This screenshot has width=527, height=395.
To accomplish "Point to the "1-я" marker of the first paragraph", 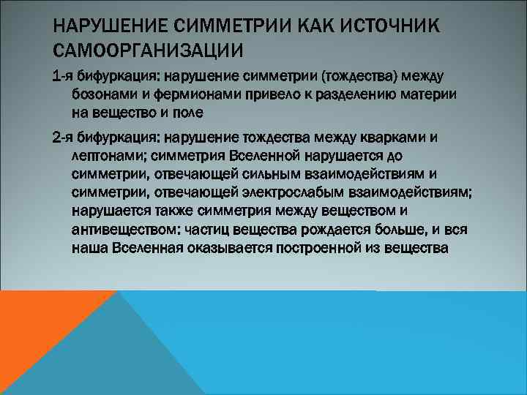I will click(x=64, y=78).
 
